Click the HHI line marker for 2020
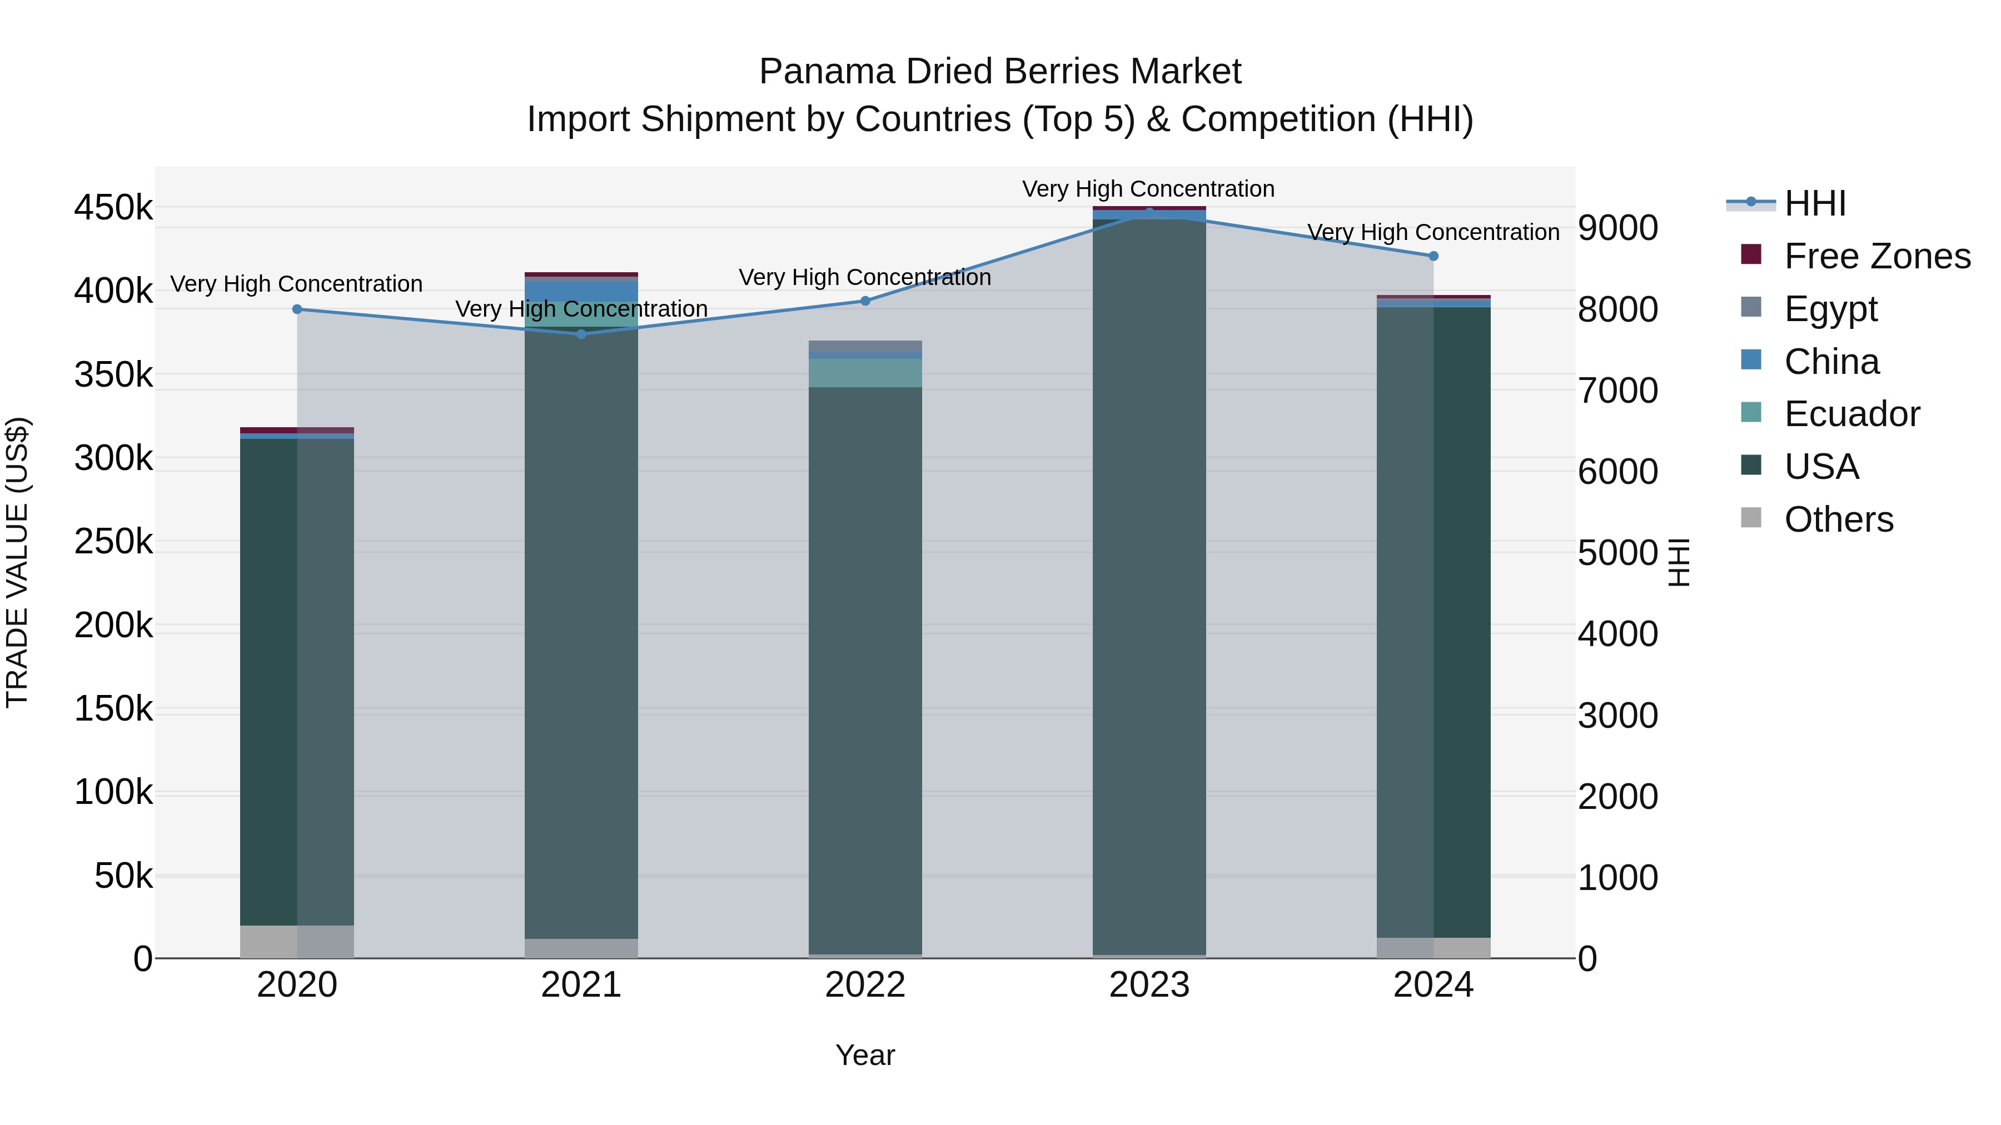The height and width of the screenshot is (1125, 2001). point(297,309)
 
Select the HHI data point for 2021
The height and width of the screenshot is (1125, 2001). point(581,334)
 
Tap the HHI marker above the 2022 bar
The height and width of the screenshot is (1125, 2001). point(865,301)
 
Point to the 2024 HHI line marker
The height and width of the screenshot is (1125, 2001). point(1433,256)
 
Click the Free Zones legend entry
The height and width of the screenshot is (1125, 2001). point(1876,256)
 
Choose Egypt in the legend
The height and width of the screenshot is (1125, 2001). point(1830,309)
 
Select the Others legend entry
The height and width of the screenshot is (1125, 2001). point(1838,519)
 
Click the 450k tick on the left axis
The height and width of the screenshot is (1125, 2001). point(113,208)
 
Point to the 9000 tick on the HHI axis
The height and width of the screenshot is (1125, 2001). point(1618,228)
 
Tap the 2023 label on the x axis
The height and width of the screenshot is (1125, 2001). point(1149,985)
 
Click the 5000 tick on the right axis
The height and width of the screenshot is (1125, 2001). point(1618,553)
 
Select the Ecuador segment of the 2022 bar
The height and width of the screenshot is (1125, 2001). point(865,373)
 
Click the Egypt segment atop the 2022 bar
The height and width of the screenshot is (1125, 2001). point(865,346)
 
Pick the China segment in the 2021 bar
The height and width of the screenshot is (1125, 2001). point(581,291)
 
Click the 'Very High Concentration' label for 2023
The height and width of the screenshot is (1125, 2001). point(1148,189)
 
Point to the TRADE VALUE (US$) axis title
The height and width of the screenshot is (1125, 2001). point(18,562)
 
